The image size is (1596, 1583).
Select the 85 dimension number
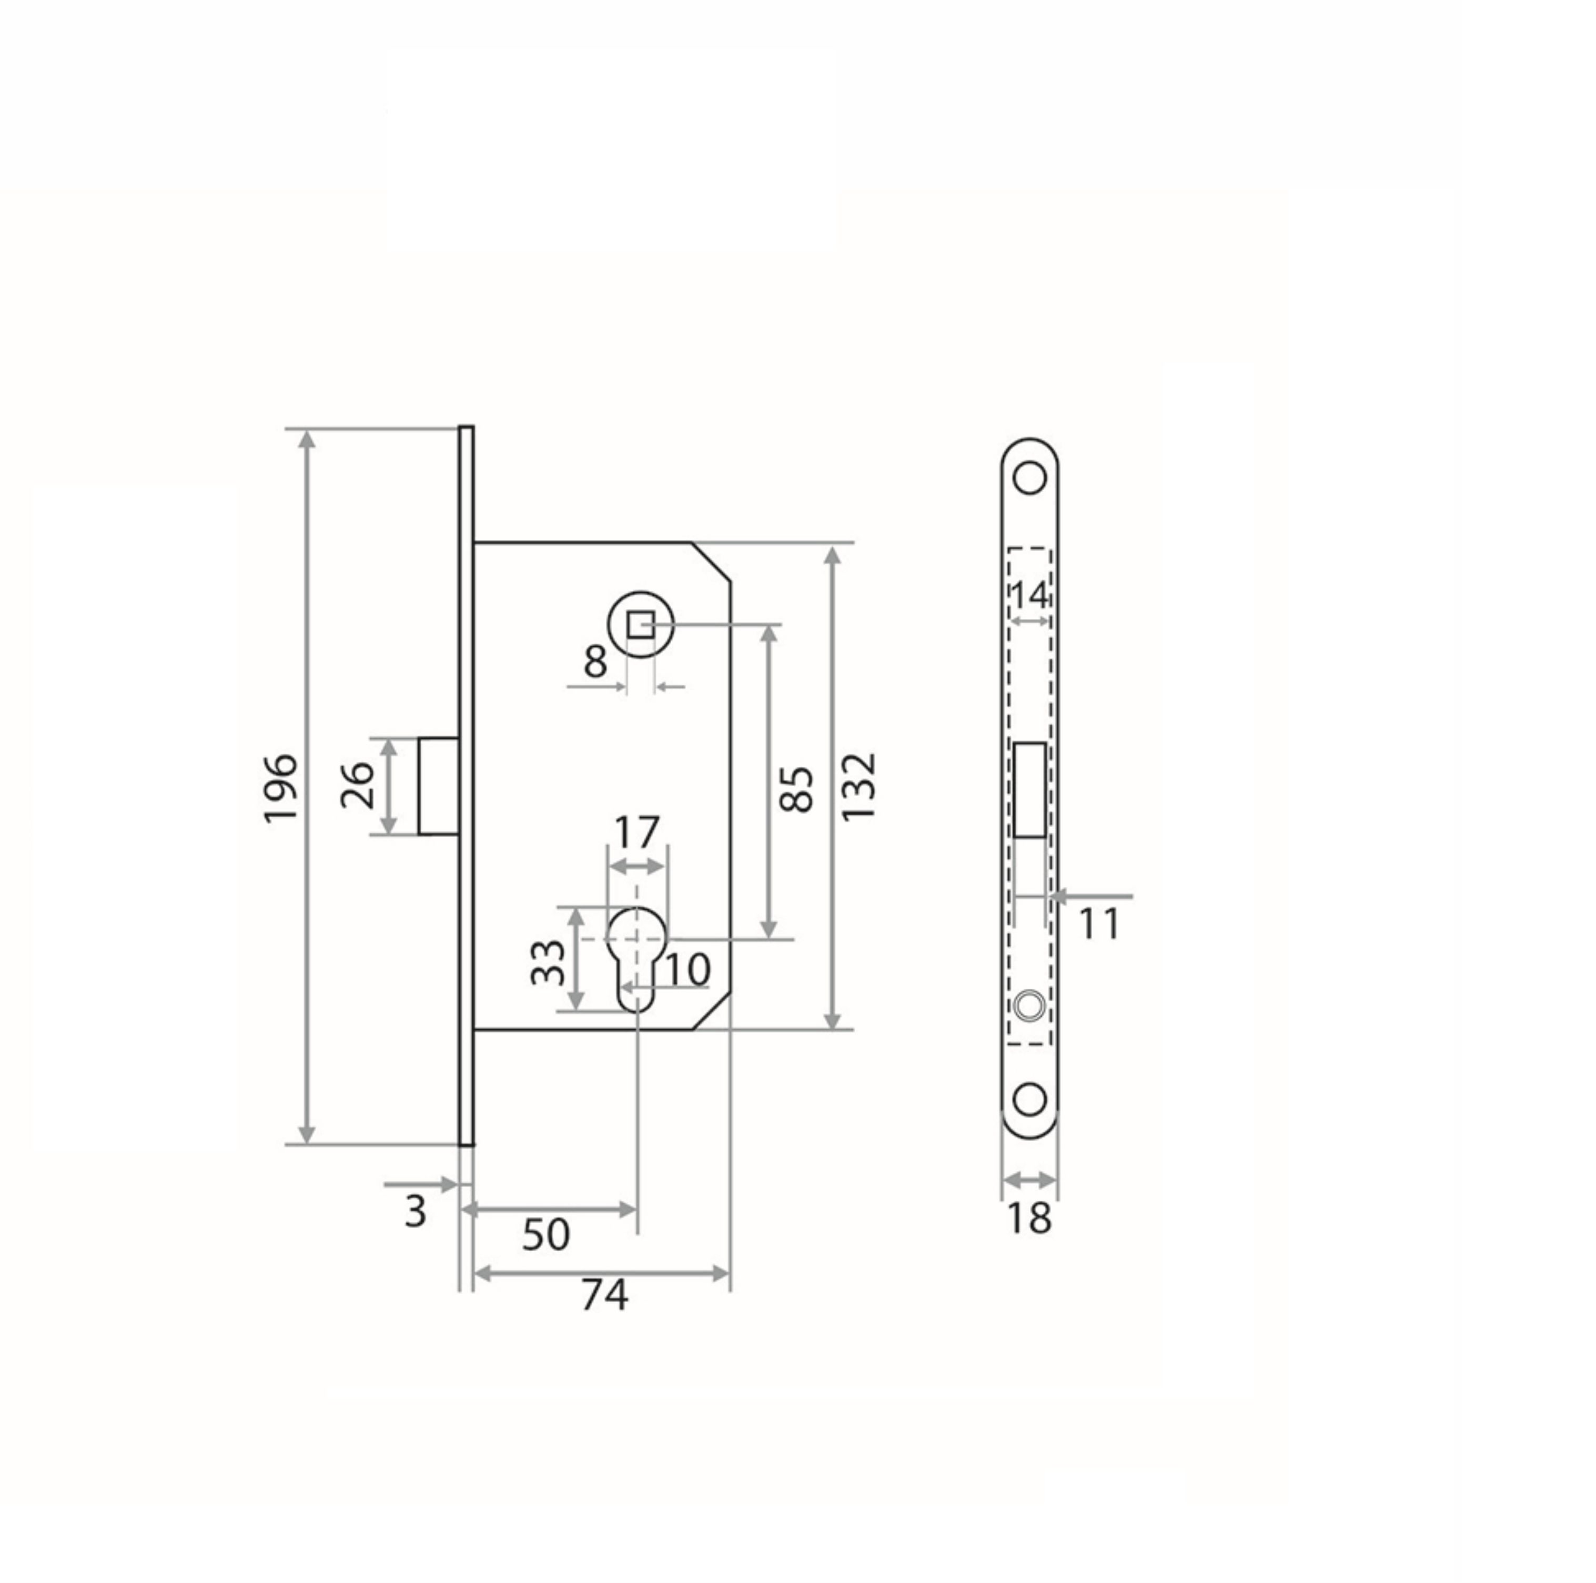click(797, 789)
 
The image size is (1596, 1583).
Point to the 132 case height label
click(858, 787)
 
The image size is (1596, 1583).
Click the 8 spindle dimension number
click(595, 662)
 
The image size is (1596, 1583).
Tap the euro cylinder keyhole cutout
click(637, 958)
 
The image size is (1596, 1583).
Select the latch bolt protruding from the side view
click(439, 786)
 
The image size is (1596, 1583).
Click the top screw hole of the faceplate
click(1029, 478)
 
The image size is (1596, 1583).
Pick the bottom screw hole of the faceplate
click(1029, 1101)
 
